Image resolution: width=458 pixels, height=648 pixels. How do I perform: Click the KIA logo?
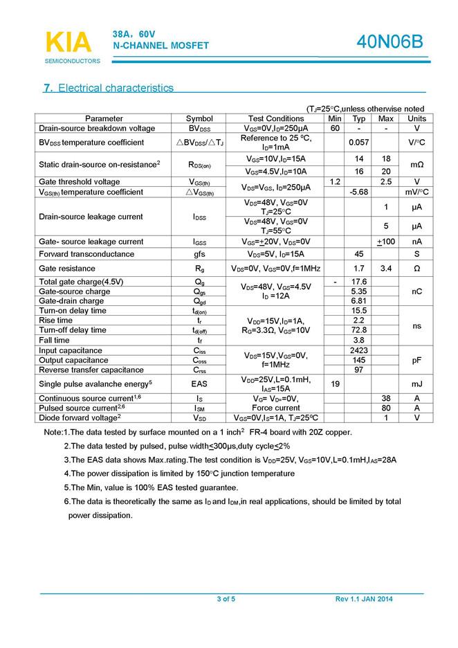(x=69, y=43)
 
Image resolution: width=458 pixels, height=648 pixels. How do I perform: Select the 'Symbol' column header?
(x=199, y=118)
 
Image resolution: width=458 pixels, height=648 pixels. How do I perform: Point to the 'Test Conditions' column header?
(x=275, y=118)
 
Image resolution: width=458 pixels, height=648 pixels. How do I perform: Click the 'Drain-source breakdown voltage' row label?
(x=97, y=128)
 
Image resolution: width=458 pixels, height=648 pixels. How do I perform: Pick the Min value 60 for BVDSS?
(x=335, y=128)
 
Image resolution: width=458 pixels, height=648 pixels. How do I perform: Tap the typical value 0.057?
(x=358, y=142)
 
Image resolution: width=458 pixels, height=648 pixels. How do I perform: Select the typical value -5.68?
(x=358, y=192)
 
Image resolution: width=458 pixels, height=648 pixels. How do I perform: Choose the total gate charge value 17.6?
(x=358, y=282)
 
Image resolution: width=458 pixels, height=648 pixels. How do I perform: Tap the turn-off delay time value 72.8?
(x=358, y=330)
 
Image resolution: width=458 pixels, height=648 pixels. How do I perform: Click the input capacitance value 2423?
(x=358, y=351)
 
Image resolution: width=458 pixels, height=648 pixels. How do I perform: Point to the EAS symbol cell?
(x=199, y=384)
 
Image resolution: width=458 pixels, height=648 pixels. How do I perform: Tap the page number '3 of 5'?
(x=226, y=599)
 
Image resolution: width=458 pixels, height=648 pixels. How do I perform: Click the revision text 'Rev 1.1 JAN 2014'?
(x=364, y=599)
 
